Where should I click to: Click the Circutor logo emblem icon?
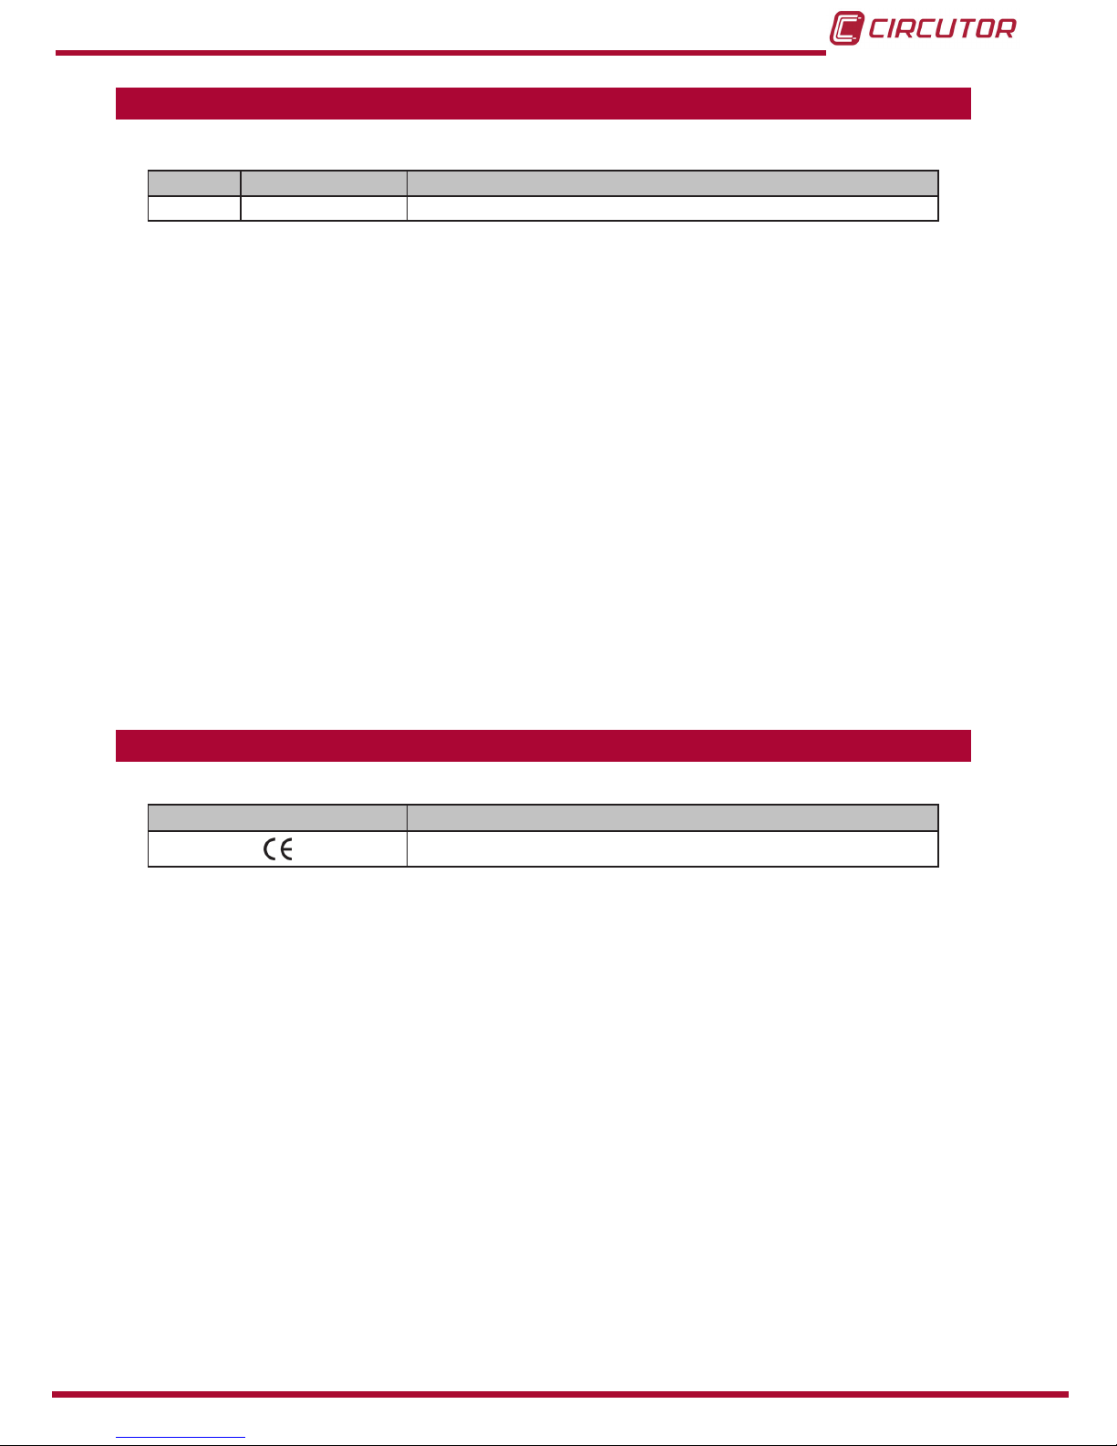(x=846, y=28)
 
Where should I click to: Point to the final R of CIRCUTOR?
(x=1006, y=28)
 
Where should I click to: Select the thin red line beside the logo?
(x=440, y=53)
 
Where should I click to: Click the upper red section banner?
(x=543, y=103)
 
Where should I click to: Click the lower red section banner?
(x=543, y=745)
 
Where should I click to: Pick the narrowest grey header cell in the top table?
(x=194, y=183)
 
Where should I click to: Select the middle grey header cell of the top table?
(x=324, y=183)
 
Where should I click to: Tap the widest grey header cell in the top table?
(x=672, y=183)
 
